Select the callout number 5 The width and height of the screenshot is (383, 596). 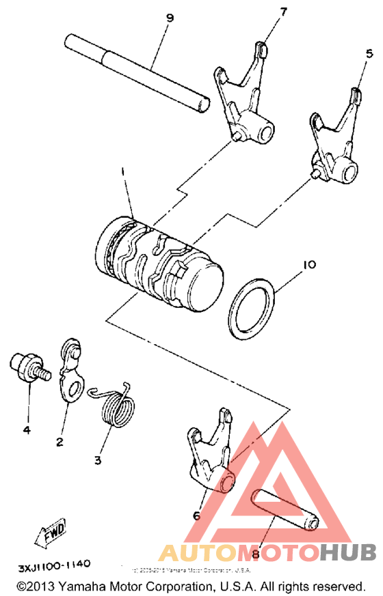369,53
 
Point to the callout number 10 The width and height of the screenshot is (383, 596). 310,262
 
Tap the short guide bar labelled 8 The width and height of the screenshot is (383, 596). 283,509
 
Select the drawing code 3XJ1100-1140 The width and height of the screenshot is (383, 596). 54,567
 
